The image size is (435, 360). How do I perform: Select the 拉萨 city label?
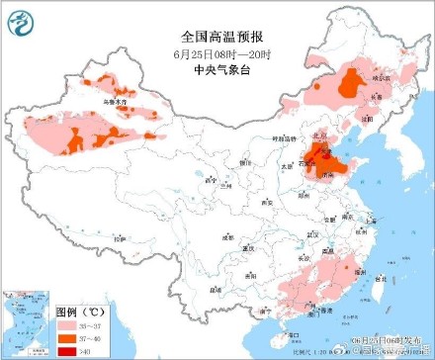(120, 238)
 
